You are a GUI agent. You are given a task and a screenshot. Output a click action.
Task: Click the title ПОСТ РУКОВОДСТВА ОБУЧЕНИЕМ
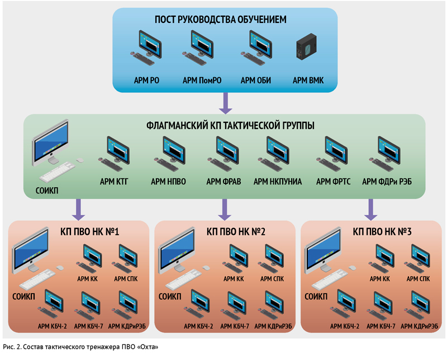pyautogui.click(x=220, y=20)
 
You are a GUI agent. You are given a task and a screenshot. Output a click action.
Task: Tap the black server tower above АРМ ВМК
pyautogui.click(x=306, y=46)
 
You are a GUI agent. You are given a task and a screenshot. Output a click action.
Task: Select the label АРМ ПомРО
pyautogui.click(x=202, y=80)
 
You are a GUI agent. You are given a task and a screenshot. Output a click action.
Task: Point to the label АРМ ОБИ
pyautogui.click(x=256, y=80)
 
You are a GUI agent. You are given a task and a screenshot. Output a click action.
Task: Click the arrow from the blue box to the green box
pyautogui.click(x=225, y=103)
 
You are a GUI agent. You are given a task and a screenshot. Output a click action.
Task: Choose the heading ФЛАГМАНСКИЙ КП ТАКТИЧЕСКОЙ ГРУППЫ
pyautogui.click(x=230, y=126)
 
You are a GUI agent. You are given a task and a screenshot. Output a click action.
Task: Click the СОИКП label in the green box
pyautogui.click(x=47, y=190)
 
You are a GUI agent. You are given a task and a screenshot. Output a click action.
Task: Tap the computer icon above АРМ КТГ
pyautogui.click(x=114, y=154)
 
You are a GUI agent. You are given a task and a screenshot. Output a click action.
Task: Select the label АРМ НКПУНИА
pyautogui.click(x=277, y=182)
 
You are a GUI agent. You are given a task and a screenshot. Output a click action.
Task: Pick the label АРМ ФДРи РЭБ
pyautogui.click(x=387, y=182)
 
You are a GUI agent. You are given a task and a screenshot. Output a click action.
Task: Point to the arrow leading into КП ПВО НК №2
pyautogui.click(x=225, y=210)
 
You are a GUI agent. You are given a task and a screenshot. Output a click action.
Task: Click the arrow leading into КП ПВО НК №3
pyautogui.click(x=371, y=210)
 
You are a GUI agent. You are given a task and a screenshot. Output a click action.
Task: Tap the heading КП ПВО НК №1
pyautogui.click(x=89, y=231)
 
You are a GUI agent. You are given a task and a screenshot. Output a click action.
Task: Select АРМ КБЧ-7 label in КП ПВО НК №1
pyautogui.click(x=88, y=326)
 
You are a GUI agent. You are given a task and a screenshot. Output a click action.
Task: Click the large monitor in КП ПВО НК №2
pyautogui.click(x=177, y=250)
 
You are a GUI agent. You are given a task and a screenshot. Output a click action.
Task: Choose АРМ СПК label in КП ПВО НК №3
pyautogui.click(x=418, y=279)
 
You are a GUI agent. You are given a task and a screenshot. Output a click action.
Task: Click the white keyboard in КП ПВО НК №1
pyautogui.click(x=37, y=280)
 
